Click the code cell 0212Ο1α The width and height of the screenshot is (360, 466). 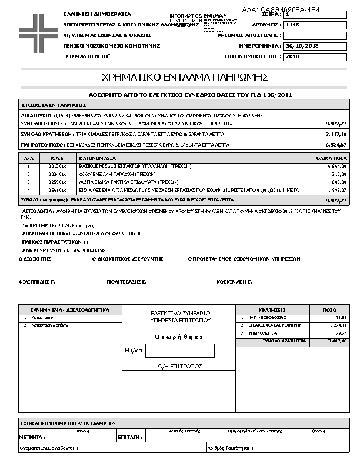pos(56,167)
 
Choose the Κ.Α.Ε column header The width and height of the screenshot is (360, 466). pos(56,158)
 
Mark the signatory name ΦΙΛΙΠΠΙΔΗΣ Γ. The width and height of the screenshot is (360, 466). pos(37,282)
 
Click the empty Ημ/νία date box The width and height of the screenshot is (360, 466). pos(179,351)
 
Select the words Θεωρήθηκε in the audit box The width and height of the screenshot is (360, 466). pos(179,337)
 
